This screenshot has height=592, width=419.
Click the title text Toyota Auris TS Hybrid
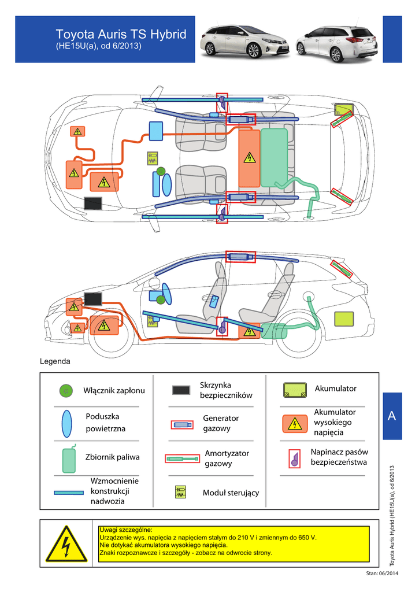coord(121,35)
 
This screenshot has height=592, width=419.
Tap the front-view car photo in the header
coord(245,41)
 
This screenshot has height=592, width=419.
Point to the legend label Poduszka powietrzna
coord(106,423)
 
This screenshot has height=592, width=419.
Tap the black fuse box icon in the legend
coord(181,390)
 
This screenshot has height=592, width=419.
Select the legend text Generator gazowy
coord(221,423)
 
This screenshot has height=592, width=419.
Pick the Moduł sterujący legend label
coord(231,493)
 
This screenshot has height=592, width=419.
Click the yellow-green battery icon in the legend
coord(295,390)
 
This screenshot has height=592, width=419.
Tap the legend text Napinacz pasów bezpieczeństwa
coord(339,457)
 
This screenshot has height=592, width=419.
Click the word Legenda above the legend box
coord(55,362)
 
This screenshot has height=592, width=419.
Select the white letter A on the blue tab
coord(392,416)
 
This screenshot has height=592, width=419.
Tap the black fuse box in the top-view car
coord(93,203)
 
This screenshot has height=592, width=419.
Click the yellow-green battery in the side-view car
coord(344,319)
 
